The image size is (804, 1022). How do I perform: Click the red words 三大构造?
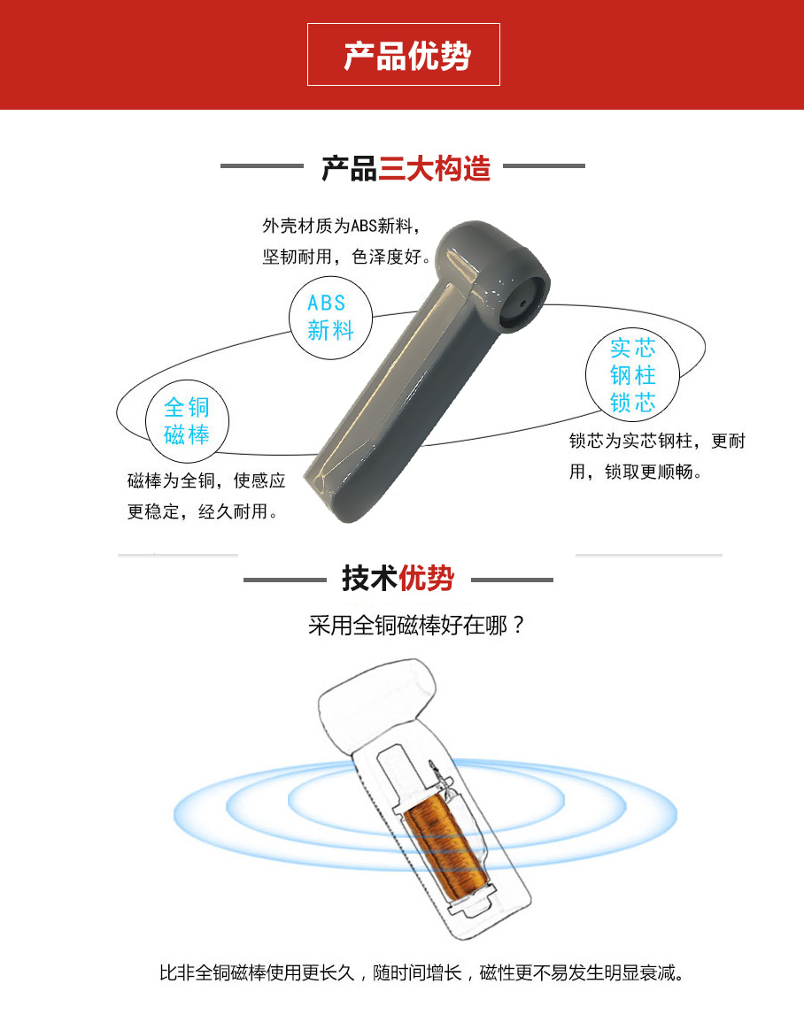point(434,169)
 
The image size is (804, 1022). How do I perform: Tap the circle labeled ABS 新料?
point(330,318)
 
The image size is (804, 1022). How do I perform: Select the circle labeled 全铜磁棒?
point(187,421)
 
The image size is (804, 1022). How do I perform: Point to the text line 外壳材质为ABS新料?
point(341,226)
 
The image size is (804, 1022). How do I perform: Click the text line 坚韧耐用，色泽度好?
point(347,257)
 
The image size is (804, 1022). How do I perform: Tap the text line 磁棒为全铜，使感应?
point(206,480)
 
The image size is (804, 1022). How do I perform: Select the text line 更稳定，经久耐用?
point(203,511)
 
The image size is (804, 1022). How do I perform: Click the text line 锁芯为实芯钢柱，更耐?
point(657,441)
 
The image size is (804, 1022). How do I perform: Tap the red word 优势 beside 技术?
point(427,578)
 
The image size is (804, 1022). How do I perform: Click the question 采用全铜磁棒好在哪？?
point(417,625)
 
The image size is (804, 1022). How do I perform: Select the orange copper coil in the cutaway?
point(444,849)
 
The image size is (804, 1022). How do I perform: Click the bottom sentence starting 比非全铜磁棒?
point(421,972)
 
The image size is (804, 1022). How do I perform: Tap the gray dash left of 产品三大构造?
point(262,165)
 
